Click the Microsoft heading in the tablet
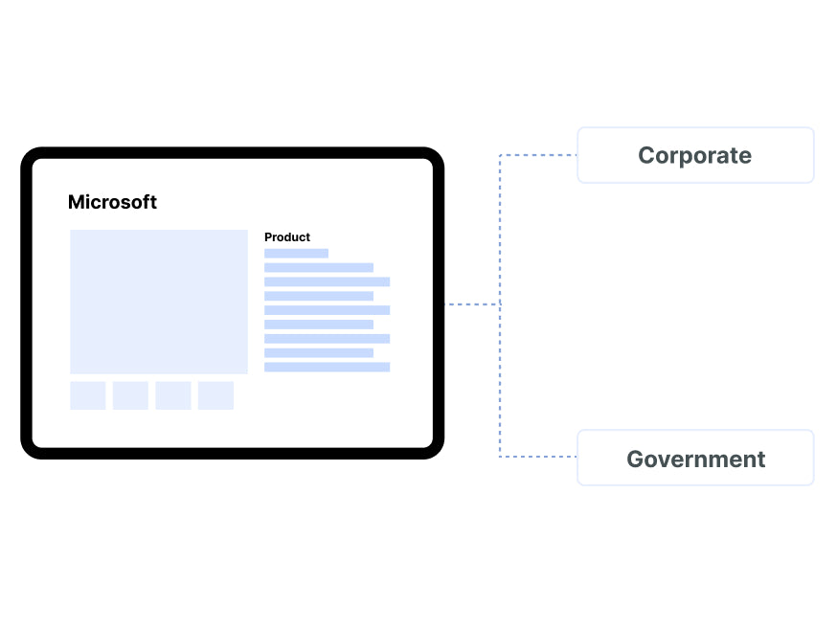tap(112, 202)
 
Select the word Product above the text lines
tap(287, 237)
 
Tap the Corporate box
tap(695, 155)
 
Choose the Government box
tap(695, 459)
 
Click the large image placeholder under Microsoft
tap(159, 302)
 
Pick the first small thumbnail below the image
tap(88, 395)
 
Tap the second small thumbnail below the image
tap(130, 395)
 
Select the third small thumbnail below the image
tap(173, 395)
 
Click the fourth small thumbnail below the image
tap(215, 395)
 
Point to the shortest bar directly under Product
tap(296, 254)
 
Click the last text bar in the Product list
tap(327, 368)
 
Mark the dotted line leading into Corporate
tap(538, 155)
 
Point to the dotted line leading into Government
tap(538, 457)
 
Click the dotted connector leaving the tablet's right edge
tap(472, 304)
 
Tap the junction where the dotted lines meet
tap(500, 304)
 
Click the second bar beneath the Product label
tap(319, 268)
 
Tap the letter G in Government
tap(636, 460)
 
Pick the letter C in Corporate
tap(646, 156)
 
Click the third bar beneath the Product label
tap(327, 282)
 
